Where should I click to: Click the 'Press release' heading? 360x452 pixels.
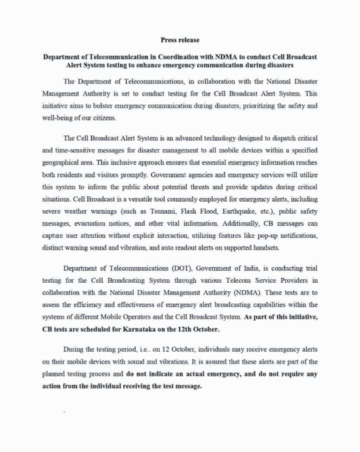[179, 39]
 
